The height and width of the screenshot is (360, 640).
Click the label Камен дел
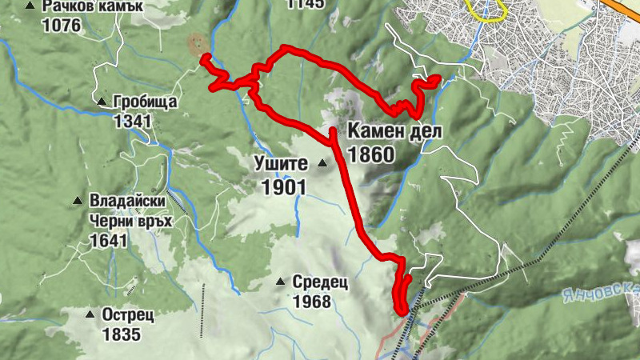point(394,131)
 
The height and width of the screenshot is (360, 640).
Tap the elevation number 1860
point(372,153)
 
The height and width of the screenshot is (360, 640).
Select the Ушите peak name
point(280,165)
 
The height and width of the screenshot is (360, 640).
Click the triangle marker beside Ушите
point(322,164)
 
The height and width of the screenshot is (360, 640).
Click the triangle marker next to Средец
point(280,282)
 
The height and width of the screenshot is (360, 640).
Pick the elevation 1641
point(110,240)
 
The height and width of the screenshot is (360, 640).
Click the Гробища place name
point(145,102)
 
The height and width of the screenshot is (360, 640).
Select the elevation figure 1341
point(133,121)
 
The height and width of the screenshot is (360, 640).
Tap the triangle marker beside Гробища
point(102,102)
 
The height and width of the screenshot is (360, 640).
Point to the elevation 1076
point(63,26)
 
